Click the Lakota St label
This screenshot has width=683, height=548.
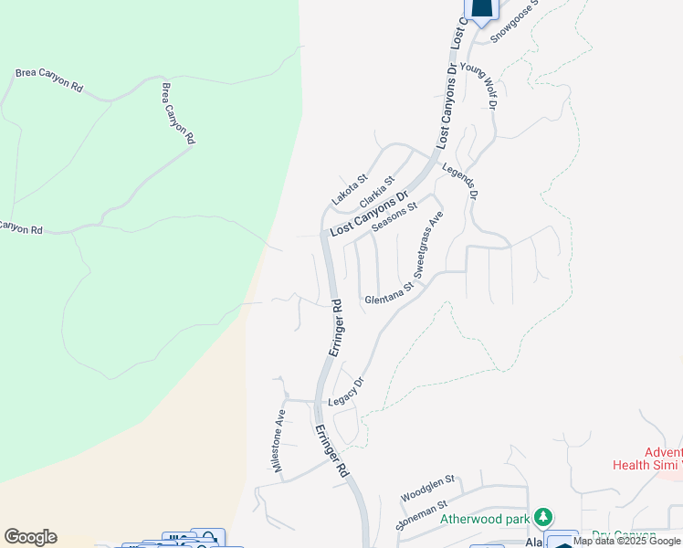[349, 190]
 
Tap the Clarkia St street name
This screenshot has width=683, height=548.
[377, 192]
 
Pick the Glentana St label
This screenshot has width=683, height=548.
[389, 293]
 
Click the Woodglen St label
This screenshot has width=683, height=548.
[427, 489]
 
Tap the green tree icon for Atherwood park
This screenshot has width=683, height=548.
[543, 518]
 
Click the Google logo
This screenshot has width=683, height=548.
[30, 537]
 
